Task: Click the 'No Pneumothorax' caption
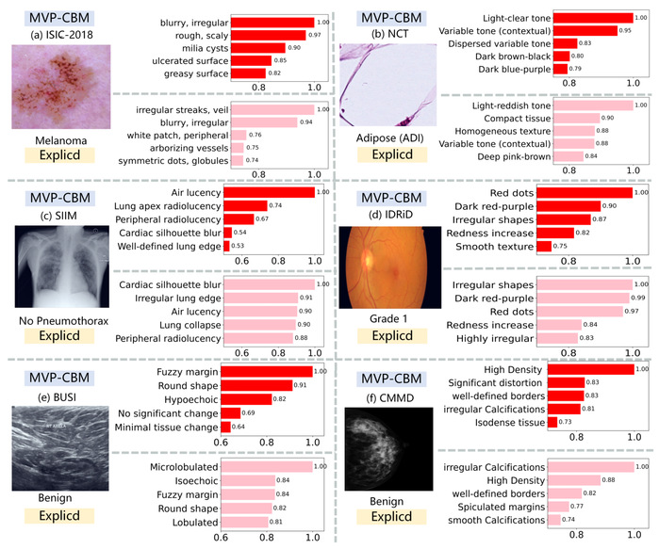pos(60,320)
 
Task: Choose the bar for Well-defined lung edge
pos(226,247)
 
